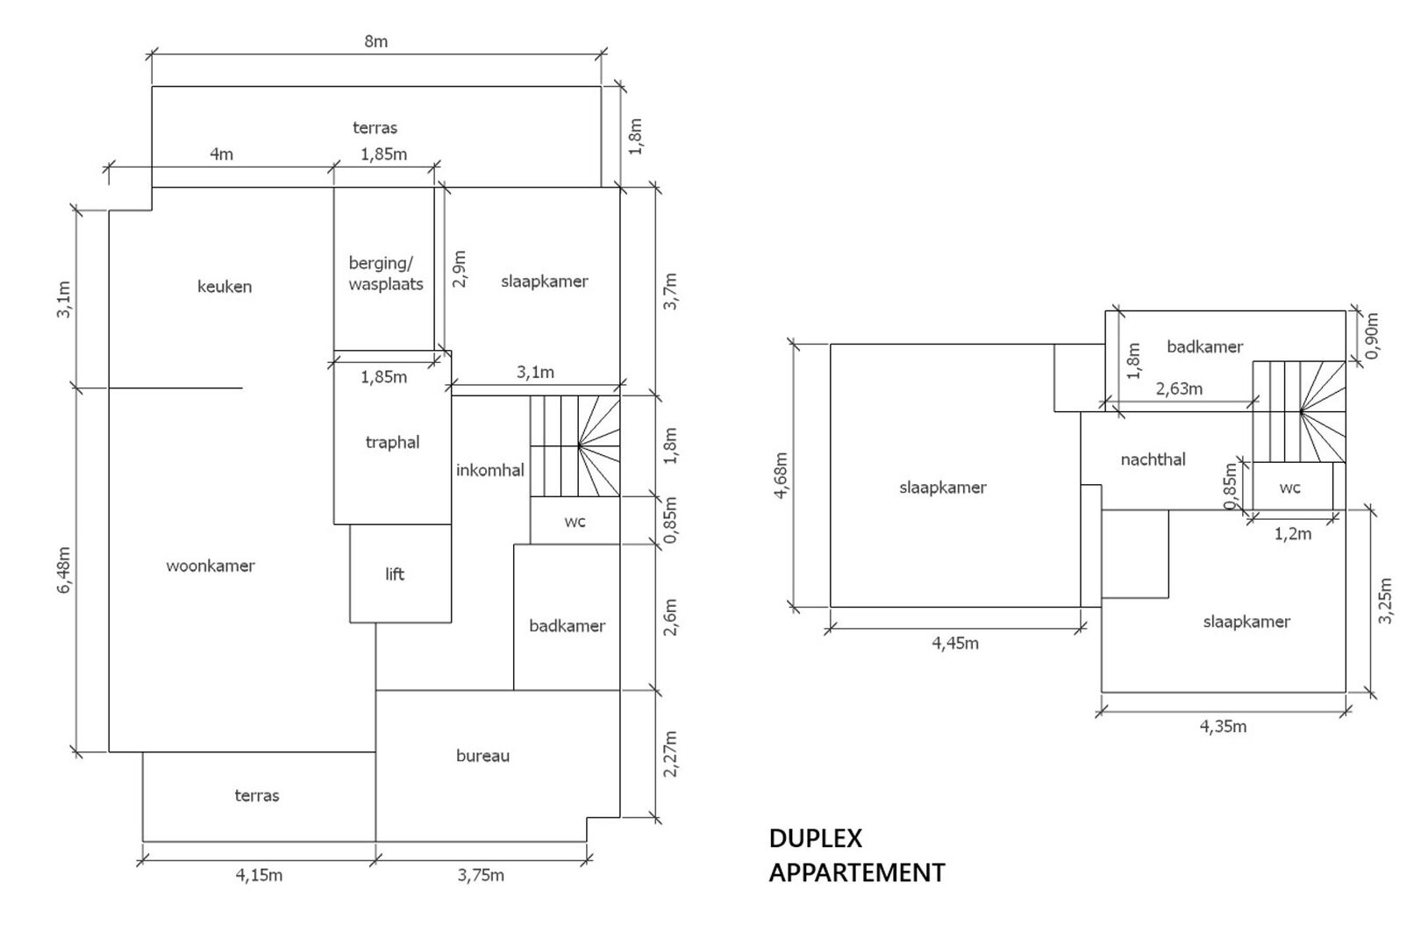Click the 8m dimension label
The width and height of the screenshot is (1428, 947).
[376, 41]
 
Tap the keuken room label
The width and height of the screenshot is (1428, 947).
[225, 287]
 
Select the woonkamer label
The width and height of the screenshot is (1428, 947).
[211, 566]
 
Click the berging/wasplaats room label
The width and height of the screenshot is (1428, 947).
[386, 274]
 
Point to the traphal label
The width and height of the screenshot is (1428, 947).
[393, 443]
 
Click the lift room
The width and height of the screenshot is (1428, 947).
[395, 574]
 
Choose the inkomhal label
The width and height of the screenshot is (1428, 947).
[489, 470]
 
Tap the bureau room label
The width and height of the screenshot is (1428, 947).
[482, 756]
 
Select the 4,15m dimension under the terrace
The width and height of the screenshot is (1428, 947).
[259, 876]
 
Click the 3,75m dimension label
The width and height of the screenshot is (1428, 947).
[481, 876]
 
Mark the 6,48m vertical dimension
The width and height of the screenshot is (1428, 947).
[64, 570]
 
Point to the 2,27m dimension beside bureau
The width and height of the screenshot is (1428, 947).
[670, 754]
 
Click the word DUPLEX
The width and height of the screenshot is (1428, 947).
[816, 838]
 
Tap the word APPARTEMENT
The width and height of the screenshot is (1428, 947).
[857, 873]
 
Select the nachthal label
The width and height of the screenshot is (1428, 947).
[1153, 459]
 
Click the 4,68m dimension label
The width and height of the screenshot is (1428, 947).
[781, 476]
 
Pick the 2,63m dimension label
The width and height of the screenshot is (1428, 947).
[1180, 388]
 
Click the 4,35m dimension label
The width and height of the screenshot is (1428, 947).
[1224, 727]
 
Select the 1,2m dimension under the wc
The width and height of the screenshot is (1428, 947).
[1293, 534]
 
